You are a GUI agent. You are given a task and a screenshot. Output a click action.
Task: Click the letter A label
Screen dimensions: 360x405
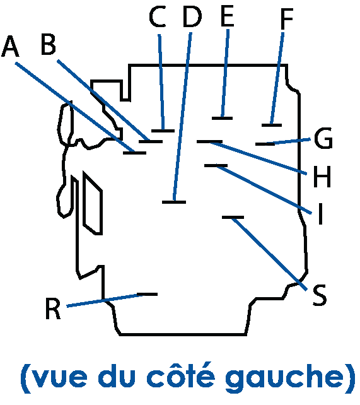pyautogui.click(x=10, y=46)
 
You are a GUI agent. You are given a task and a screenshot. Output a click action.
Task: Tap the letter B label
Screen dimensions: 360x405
pyautogui.click(x=49, y=44)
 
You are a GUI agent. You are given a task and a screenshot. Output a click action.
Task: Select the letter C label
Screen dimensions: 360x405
pyautogui.click(x=158, y=17)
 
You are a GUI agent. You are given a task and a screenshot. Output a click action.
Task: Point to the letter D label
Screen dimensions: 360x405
pyautogui.click(x=192, y=17)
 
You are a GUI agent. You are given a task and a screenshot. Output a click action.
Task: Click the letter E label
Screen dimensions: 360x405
pyautogui.click(x=228, y=16)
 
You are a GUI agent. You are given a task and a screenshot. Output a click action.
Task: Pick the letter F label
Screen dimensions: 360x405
pyautogui.click(x=287, y=18)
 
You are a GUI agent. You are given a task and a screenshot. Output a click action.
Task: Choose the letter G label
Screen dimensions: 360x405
pyautogui.click(x=323, y=138)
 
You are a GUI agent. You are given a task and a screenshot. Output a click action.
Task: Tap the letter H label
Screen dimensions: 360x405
pyautogui.click(x=322, y=177)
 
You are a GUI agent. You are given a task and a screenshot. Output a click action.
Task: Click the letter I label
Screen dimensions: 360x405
pyautogui.click(x=321, y=214)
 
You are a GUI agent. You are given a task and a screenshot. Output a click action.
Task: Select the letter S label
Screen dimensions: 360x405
pyautogui.click(x=320, y=295)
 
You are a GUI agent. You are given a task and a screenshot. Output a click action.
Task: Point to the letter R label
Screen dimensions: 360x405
pyautogui.click(x=53, y=308)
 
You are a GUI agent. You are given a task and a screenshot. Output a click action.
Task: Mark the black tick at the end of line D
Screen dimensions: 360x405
pyautogui.click(x=174, y=202)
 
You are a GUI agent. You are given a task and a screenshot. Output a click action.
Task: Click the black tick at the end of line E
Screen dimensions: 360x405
pyautogui.click(x=222, y=119)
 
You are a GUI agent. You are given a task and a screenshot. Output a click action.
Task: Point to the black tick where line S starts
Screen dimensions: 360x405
pyautogui.click(x=233, y=218)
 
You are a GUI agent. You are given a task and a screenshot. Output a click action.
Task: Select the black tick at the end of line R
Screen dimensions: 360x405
pyautogui.click(x=147, y=294)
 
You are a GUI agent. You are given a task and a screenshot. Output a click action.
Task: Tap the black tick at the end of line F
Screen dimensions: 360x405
pyautogui.click(x=272, y=126)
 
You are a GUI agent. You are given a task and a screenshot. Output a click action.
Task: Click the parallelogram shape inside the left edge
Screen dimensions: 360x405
pyautogui.click(x=93, y=203)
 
